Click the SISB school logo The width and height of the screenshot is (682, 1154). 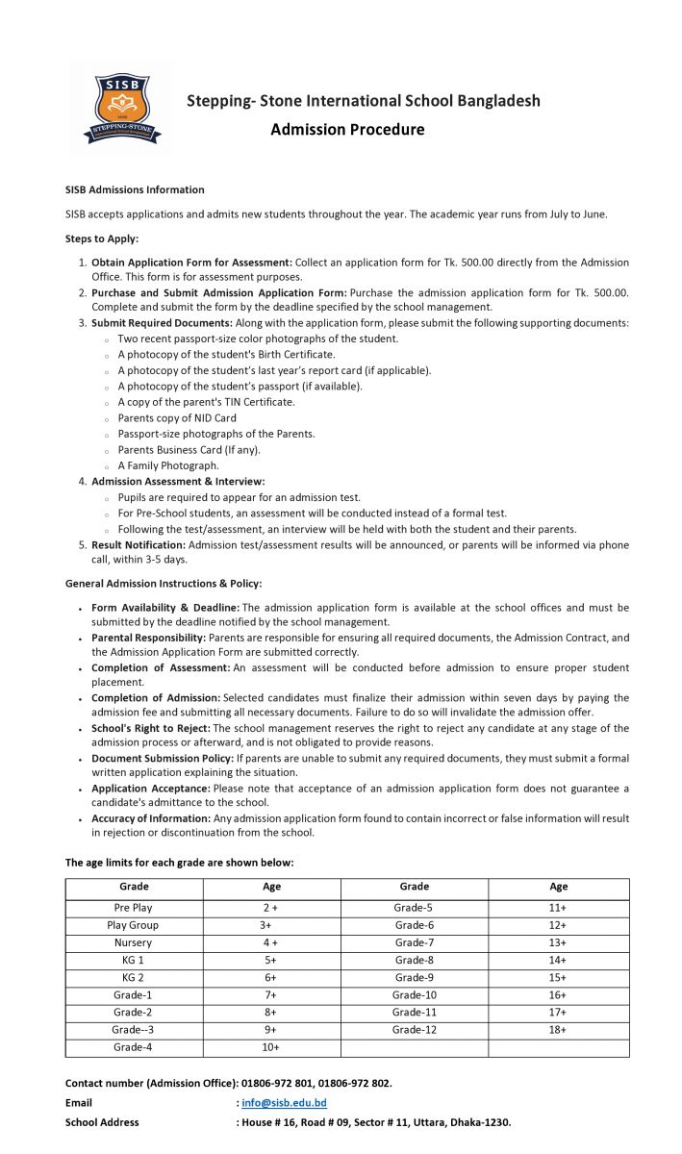[121, 106]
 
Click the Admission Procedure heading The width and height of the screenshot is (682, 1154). [347, 130]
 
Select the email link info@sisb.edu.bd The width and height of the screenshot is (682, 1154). [284, 1103]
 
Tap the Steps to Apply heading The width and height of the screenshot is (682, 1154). [102, 238]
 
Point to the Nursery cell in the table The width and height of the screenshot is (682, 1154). [133, 942]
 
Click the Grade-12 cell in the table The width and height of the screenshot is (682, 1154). [414, 1029]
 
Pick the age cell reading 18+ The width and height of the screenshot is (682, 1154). [558, 1029]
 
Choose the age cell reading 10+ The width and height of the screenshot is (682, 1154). [270, 1046]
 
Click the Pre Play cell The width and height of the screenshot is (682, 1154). [133, 908]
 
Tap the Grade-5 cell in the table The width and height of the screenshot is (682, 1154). [414, 908]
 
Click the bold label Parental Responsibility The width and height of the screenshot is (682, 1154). [148, 638]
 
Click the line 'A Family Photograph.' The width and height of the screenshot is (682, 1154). [168, 465]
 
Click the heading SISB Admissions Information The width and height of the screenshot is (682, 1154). [135, 190]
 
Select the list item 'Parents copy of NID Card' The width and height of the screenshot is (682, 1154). [176, 418]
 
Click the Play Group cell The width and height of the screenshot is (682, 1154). [133, 925]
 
